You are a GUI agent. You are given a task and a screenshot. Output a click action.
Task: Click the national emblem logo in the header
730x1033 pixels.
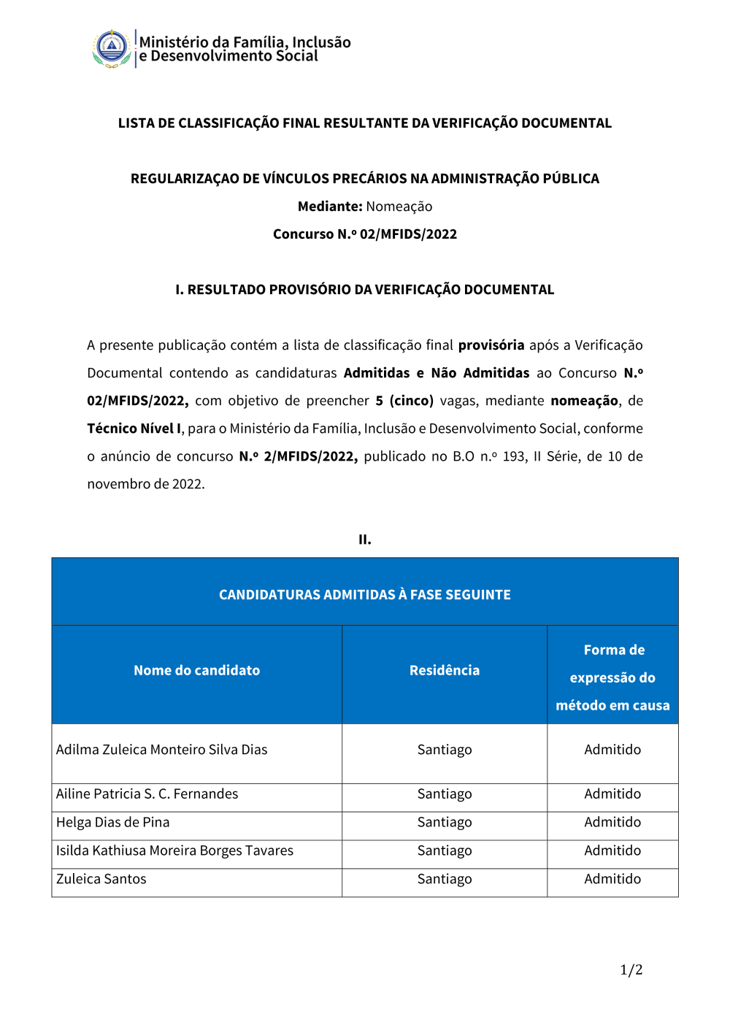point(112,49)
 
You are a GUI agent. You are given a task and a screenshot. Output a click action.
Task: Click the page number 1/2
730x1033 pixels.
point(631,969)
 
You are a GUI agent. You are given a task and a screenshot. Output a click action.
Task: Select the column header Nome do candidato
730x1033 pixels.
point(196,670)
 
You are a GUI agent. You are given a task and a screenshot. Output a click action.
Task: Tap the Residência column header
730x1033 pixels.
point(444,670)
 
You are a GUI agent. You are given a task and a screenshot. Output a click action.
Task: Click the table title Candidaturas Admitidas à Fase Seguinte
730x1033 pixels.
point(364,594)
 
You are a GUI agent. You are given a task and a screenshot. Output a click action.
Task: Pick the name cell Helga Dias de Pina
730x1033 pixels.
point(113,822)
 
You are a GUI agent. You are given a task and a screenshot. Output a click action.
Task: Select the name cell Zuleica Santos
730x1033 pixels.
point(101,879)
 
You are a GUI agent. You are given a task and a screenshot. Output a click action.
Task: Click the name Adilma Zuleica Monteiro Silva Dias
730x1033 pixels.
point(162,750)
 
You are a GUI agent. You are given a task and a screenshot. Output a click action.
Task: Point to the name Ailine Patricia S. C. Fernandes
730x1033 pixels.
point(147,794)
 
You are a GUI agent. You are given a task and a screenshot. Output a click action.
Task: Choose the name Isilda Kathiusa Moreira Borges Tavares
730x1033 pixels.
point(174,850)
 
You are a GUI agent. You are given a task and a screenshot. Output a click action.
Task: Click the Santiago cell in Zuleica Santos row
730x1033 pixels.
point(444,879)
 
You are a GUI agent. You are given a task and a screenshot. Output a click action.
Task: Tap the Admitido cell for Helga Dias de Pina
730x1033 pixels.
point(612,822)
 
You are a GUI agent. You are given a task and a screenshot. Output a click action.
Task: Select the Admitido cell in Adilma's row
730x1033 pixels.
point(612,750)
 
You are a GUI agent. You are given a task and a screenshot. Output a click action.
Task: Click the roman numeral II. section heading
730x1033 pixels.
point(364,539)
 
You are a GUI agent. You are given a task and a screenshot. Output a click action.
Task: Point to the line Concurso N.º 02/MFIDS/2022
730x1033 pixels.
point(364,234)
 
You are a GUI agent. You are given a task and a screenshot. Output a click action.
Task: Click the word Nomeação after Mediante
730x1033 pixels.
point(399,207)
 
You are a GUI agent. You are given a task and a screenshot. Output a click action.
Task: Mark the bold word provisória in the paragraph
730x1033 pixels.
point(491,345)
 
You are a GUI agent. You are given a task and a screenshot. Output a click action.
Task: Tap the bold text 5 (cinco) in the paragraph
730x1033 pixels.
point(404,401)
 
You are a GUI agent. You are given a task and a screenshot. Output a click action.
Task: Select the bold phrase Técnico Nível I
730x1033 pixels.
point(134,429)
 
